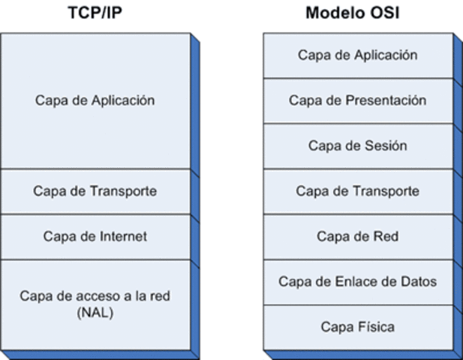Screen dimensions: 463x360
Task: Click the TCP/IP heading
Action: click(x=95, y=13)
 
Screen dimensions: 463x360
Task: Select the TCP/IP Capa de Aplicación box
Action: click(x=95, y=100)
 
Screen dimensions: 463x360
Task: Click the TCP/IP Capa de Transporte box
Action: click(x=95, y=191)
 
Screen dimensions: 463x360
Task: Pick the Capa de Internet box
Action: click(x=95, y=236)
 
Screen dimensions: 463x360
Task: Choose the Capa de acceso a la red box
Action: click(x=95, y=304)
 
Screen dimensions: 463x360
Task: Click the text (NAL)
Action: click(x=95, y=313)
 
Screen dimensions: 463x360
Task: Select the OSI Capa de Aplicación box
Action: click(x=357, y=55)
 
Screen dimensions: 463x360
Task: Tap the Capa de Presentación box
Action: click(x=357, y=100)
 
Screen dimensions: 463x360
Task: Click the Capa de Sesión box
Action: click(x=357, y=145)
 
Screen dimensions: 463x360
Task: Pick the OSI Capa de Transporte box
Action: click(x=357, y=191)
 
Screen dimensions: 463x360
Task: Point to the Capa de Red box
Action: click(x=357, y=236)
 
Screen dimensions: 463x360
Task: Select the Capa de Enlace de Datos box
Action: click(x=357, y=282)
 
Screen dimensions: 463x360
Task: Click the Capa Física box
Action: click(x=357, y=327)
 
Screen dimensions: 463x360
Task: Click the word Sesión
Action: click(x=386, y=145)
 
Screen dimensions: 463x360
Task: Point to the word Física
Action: click(x=374, y=327)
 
